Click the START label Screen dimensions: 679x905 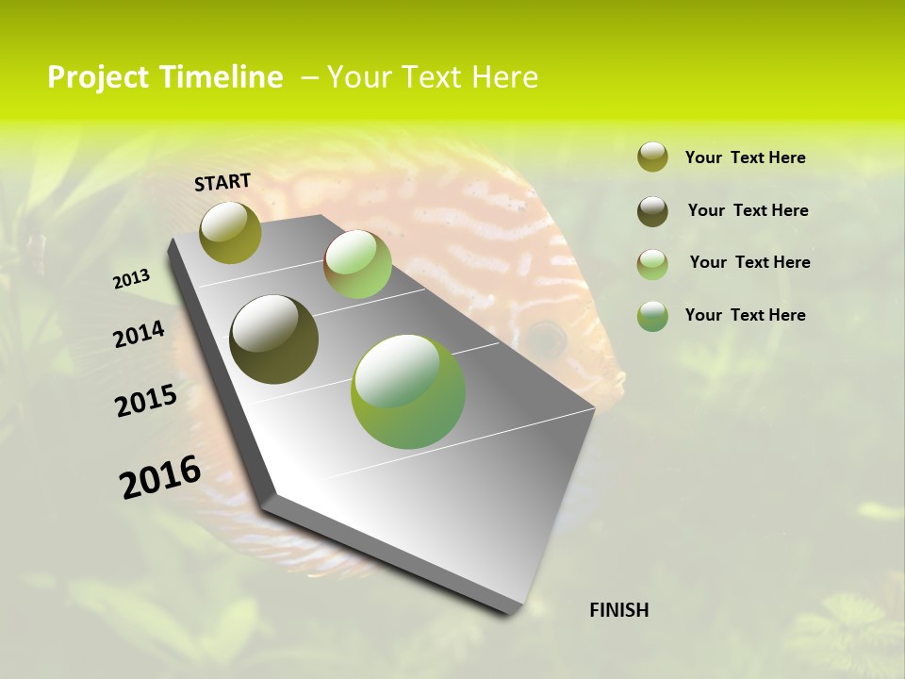(x=222, y=181)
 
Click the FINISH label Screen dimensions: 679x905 (x=619, y=610)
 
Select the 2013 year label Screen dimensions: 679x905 (x=131, y=278)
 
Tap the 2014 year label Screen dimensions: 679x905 (x=139, y=334)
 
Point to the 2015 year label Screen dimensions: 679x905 (x=146, y=401)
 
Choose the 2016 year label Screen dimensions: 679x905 (x=160, y=477)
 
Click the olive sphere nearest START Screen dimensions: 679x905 (x=230, y=232)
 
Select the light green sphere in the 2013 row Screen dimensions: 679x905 (x=357, y=264)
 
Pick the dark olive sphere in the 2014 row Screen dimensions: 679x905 (x=274, y=339)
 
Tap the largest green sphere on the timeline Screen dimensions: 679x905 (x=408, y=391)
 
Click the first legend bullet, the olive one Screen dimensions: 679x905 (x=652, y=157)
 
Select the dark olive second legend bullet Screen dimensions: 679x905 (x=652, y=211)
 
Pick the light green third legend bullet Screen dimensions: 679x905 (x=652, y=264)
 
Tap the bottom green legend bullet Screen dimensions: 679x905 (x=652, y=316)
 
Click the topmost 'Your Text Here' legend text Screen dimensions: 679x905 (x=746, y=157)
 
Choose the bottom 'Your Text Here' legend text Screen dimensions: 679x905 (x=746, y=315)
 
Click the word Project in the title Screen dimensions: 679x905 (x=99, y=77)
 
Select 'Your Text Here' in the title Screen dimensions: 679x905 (x=433, y=77)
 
